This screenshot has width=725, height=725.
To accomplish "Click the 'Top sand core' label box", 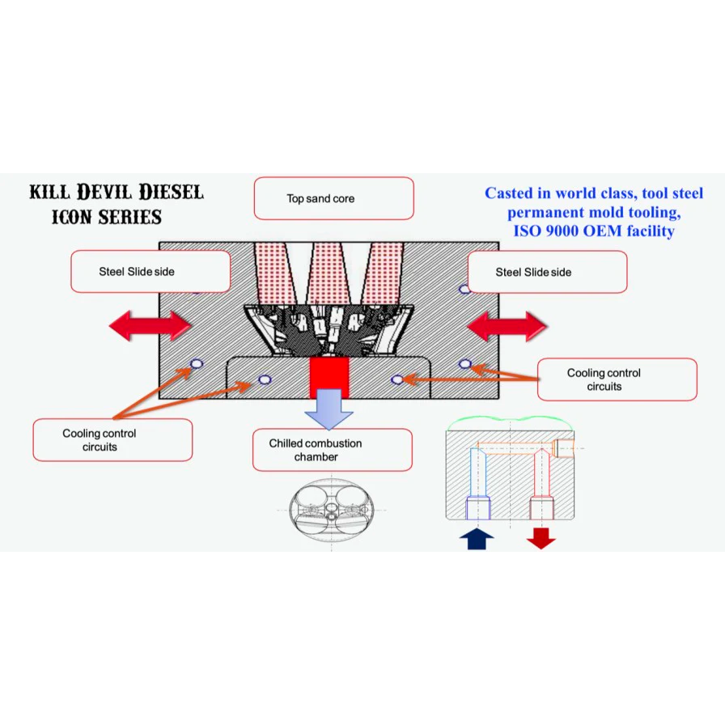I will point(333,198).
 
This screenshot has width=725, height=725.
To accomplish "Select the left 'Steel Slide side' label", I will point(151,271).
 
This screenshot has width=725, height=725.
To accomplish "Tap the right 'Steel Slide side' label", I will point(547,272).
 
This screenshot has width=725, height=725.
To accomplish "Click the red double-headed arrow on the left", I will point(150,325).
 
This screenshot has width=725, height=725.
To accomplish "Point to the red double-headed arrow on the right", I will point(507,326).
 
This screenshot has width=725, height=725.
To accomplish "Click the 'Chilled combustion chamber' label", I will point(332,450).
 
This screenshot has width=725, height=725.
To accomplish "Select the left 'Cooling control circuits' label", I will point(112,440).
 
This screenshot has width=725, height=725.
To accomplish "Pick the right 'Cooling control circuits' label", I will point(617,379).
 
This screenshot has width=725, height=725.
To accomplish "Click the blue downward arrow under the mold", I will point(329,409).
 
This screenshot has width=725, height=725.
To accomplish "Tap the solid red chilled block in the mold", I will point(329,376).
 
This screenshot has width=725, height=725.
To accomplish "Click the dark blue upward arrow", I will point(477,539).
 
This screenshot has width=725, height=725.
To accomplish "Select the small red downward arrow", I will point(541,537).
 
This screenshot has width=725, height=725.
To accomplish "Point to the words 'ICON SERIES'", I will point(106,217).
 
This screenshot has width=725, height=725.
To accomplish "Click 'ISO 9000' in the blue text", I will point(550,231).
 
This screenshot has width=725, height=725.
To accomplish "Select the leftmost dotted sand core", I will point(278,271).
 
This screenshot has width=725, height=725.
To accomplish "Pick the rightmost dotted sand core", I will point(383,271).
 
